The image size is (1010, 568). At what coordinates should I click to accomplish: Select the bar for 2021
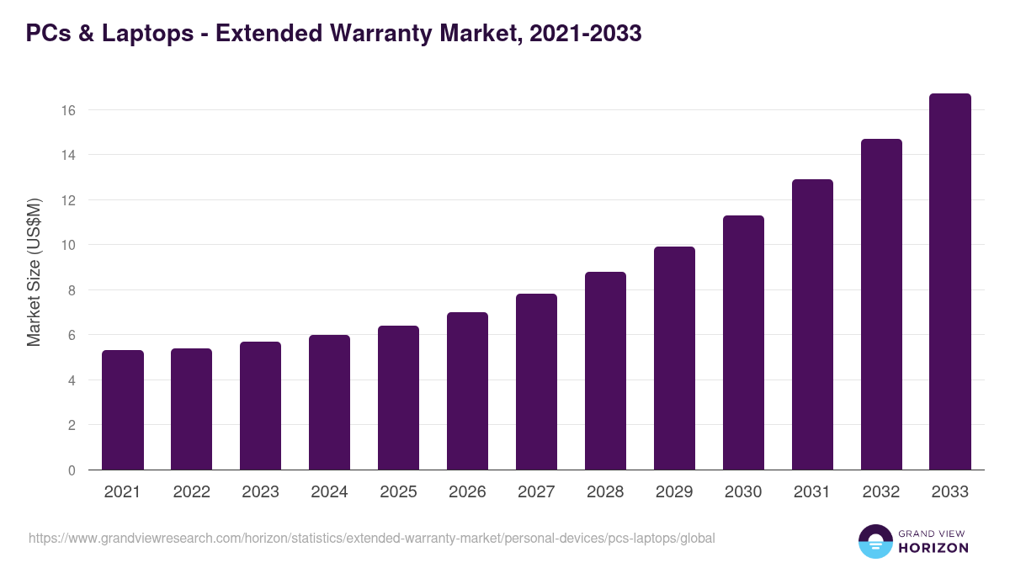(x=123, y=410)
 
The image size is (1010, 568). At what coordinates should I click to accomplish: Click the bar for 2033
(x=950, y=282)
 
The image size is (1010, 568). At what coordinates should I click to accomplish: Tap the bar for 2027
(x=536, y=382)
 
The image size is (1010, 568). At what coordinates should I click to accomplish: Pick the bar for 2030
(x=743, y=342)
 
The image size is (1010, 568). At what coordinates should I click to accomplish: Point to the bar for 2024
(x=329, y=402)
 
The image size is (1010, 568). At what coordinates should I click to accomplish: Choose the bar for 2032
(x=881, y=305)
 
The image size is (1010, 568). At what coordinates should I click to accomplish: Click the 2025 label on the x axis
(x=398, y=492)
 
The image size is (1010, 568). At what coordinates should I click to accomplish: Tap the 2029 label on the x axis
(x=674, y=492)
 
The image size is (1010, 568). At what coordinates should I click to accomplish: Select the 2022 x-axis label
(x=191, y=492)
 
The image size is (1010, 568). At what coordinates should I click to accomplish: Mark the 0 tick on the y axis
(x=72, y=470)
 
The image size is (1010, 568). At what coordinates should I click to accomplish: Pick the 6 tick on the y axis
(x=72, y=335)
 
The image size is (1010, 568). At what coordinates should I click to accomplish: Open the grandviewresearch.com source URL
(x=371, y=538)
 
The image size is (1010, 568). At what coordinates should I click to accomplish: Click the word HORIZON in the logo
(x=933, y=548)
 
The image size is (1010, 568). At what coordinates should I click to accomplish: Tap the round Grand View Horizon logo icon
(x=875, y=541)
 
